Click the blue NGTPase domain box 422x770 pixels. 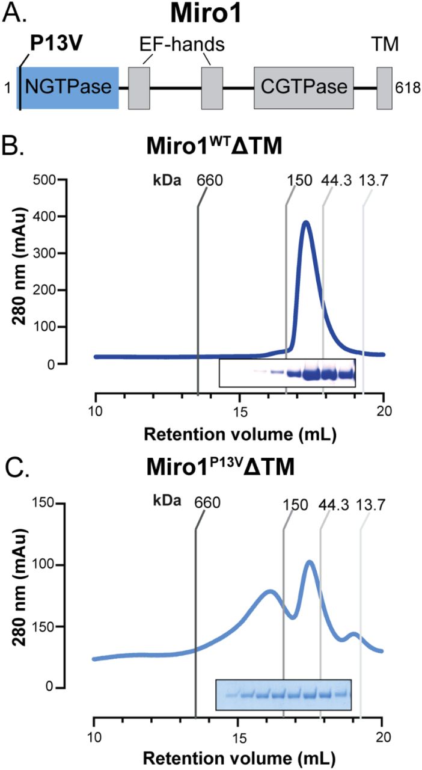pos(69,88)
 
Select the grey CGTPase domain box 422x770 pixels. pos(304,88)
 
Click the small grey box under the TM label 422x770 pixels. pos(384,88)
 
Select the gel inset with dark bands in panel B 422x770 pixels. pos(287,373)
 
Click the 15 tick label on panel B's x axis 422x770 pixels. pos(240,415)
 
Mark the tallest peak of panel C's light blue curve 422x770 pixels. pos(310,562)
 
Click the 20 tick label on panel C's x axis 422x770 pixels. pos(383,736)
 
